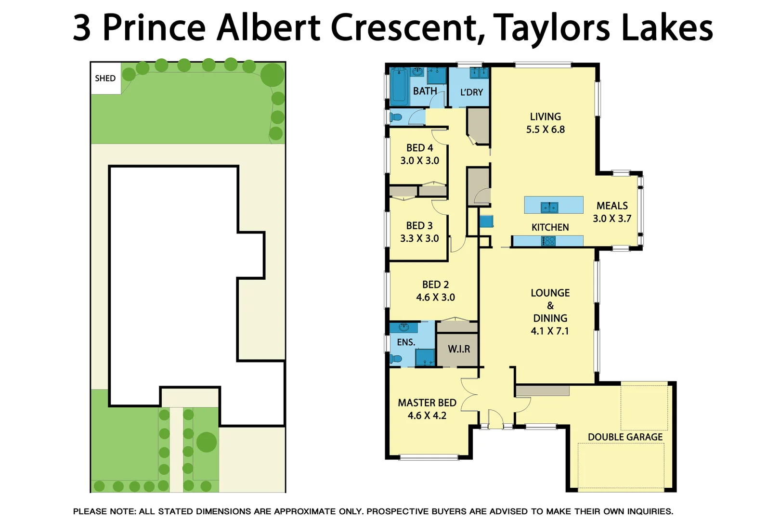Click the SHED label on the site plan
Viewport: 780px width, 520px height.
pos(105,78)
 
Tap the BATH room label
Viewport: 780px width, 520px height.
pos(425,91)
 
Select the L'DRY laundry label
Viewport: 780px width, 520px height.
pos(471,92)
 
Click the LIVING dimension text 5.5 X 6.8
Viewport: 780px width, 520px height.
pos(545,129)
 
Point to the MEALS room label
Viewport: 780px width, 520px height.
pos(612,206)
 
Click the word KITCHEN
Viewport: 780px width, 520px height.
pos(550,227)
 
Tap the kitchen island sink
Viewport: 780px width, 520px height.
pos(549,207)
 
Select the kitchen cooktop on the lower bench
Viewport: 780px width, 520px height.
pos(548,241)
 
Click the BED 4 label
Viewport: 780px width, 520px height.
pos(419,148)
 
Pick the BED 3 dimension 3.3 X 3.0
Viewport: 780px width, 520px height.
pos(419,238)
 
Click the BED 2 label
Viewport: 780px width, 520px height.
pos(435,285)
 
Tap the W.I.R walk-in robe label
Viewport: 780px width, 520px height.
pos(458,349)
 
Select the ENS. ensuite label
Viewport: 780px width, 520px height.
pos(406,342)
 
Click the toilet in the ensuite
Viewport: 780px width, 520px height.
pos(396,358)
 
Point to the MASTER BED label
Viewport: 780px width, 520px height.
pos(427,403)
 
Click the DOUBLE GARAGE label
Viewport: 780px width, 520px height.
pos(625,437)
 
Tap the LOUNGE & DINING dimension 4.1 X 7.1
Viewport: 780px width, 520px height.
pos(549,331)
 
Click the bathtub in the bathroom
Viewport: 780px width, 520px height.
pos(399,87)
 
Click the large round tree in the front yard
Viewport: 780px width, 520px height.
pos(207,442)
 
